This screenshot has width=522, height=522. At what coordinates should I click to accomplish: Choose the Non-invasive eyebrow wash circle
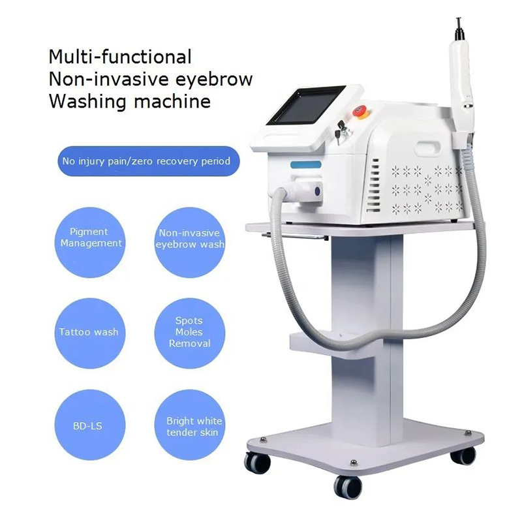tap(189, 238)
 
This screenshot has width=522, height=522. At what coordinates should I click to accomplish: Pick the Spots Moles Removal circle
tap(189, 332)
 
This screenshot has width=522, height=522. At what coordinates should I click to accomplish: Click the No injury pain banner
tap(146, 161)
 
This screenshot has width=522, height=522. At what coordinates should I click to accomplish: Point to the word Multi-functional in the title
tap(120, 57)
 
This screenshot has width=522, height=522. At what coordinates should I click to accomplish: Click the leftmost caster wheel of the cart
tap(258, 463)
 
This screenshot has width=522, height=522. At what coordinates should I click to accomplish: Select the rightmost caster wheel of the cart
tap(463, 455)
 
